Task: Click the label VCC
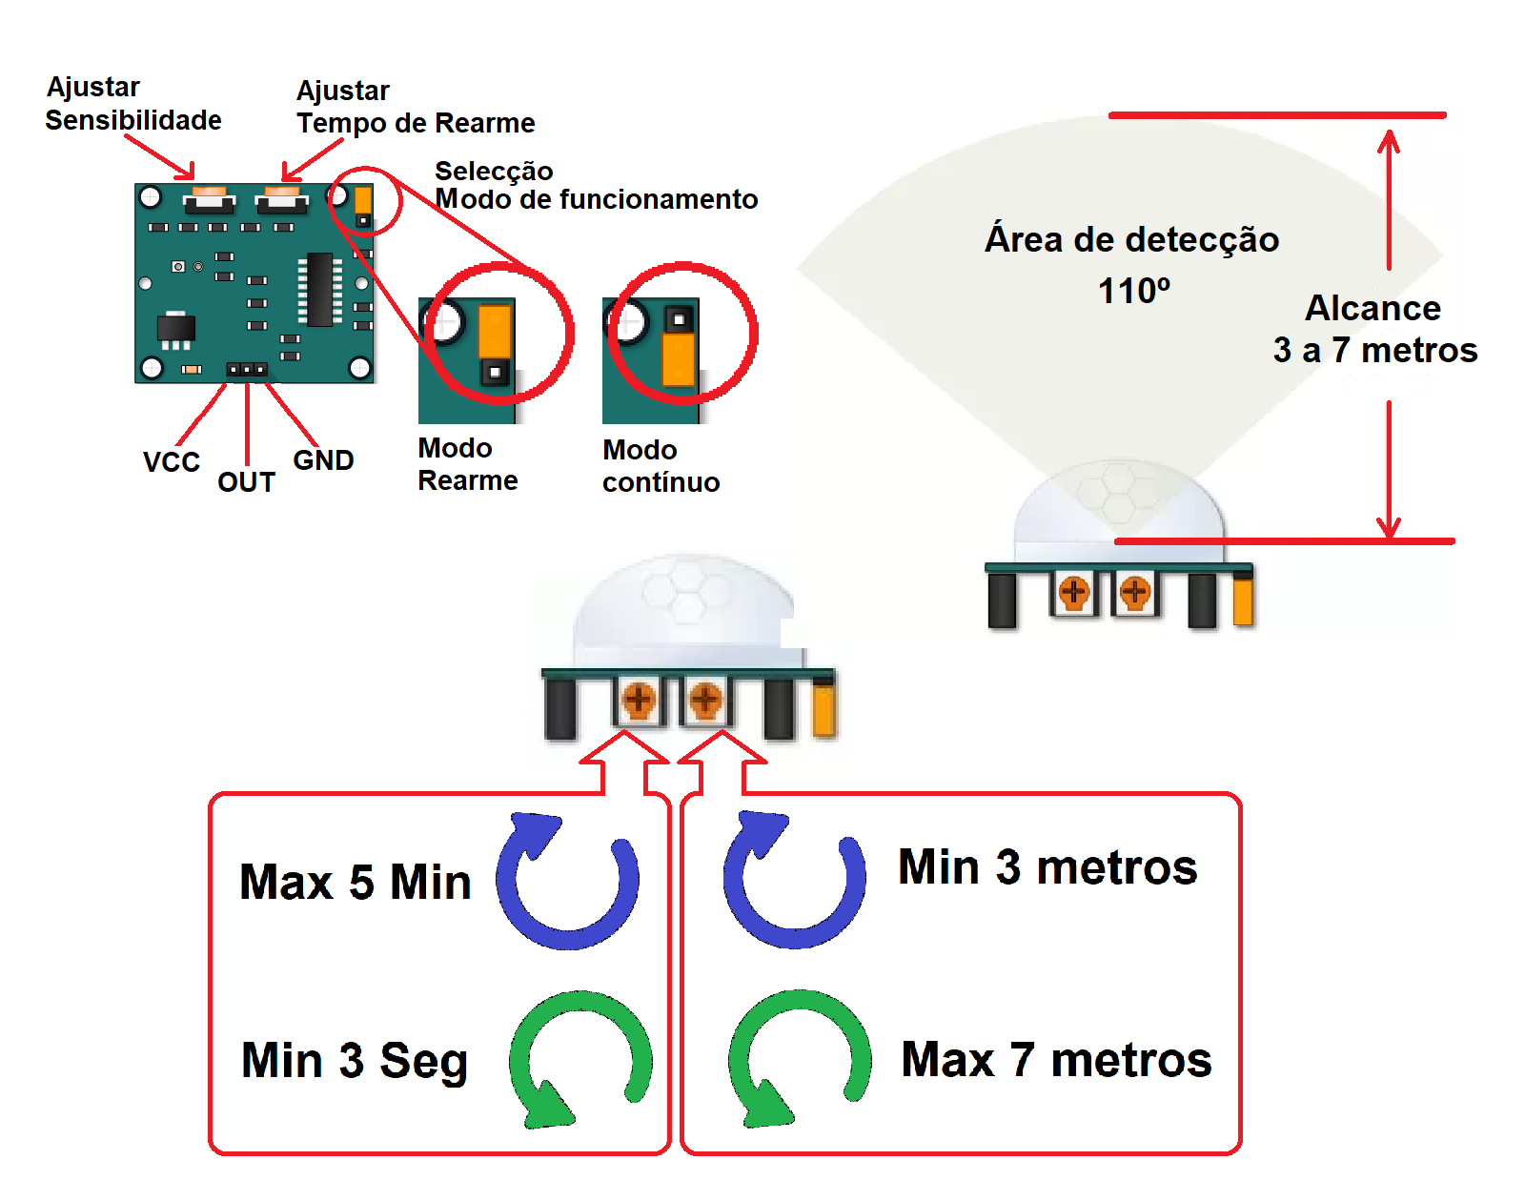click(172, 462)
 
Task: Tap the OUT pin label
click(246, 482)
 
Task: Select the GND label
click(323, 460)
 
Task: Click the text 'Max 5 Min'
click(355, 882)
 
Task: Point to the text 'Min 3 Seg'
click(355, 1061)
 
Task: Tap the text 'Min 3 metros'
click(1047, 867)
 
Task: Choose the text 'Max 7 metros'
click(1056, 1060)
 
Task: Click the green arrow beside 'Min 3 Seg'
click(579, 1058)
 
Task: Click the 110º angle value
click(1133, 291)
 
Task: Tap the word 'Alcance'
click(1372, 309)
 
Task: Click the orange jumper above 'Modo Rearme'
click(495, 331)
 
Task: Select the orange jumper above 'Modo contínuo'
click(678, 358)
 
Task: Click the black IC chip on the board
click(320, 289)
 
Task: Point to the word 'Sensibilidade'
click(133, 120)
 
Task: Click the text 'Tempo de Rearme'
click(416, 123)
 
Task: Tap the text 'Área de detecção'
click(1131, 239)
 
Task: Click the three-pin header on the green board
click(246, 369)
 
